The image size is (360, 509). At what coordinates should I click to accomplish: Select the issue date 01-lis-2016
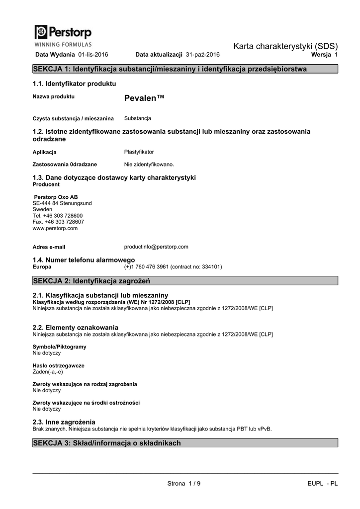[x=93, y=54]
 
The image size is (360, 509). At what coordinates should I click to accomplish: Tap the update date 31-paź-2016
[x=202, y=54]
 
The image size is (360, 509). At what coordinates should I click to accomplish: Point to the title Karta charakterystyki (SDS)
[x=285, y=46]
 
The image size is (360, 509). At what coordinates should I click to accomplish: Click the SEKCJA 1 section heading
[x=170, y=69]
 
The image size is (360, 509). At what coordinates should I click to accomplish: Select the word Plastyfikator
[x=139, y=152]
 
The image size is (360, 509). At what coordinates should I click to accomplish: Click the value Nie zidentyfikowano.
[x=149, y=164]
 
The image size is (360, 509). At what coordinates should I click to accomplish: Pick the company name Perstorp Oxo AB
[x=56, y=197]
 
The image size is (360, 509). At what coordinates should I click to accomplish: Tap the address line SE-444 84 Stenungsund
[x=62, y=203]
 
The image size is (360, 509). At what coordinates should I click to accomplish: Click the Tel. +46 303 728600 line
[x=58, y=216]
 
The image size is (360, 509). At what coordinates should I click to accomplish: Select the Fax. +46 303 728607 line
[x=58, y=222]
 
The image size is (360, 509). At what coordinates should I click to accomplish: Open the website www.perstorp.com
[x=55, y=228]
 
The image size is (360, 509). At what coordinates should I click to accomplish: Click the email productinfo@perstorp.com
[x=156, y=247]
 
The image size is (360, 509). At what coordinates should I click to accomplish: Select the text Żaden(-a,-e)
[x=48, y=371]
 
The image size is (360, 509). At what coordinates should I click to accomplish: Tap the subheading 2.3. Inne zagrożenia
[x=64, y=422]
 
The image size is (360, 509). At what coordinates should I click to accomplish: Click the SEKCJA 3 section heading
[x=107, y=443]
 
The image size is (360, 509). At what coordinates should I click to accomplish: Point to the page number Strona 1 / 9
[x=184, y=484]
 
